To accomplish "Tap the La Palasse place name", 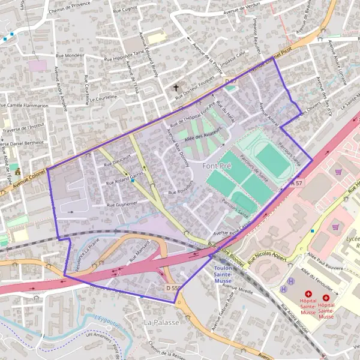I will click(161, 322).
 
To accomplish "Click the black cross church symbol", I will click(176, 88).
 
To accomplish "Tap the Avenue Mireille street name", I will click(238, 287).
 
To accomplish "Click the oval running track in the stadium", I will click(272, 160).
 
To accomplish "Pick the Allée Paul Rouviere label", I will click(325, 261).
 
